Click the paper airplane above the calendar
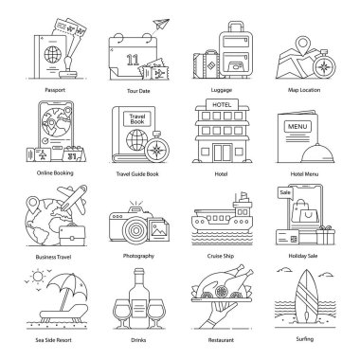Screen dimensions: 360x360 pyautogui.click(x=161, y=24)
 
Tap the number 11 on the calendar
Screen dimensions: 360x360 pyautogui.click(x=133, y=60)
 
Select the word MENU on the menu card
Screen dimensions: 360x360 pyautogui.click(x=297, y=127)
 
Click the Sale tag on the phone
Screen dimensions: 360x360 pyautogui.click(x=285, y=193)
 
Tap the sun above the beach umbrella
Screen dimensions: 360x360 pyautogui.click(x=38, y=277)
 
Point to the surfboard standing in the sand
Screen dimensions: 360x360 pyautogui.click(x=306, y=296)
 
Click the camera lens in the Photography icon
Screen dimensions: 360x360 pyautogui.click(x=135, y=230)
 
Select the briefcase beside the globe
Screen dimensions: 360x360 pyautogui.click(x=72, y=235)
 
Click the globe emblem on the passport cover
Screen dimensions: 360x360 pyautogui.click(x=53, y=54)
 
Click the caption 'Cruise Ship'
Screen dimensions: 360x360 pyautogui.click(x=221, y=256)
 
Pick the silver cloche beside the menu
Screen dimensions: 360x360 pyautogui.click(x=317, y=153)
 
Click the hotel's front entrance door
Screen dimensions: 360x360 pyautogui.click(x=222, y=153)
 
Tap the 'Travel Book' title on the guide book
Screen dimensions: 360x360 pyautogui.click(x=137, y=119)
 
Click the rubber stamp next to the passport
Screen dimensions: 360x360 pyautogui.click(x=68, y=67)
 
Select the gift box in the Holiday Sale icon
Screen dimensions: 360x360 pyautogui.click(x=326, y=235)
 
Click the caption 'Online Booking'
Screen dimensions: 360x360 pyautogui.click(x=55, y=173)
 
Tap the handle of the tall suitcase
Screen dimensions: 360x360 pyautogui.click(x=236, y=27)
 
